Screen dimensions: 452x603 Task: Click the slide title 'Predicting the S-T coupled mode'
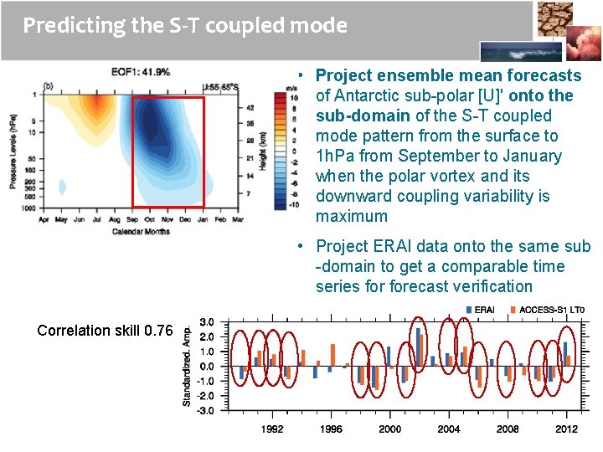184,25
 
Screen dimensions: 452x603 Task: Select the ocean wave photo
514,51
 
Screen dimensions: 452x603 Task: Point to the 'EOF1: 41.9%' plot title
141,72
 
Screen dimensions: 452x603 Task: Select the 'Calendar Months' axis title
140,231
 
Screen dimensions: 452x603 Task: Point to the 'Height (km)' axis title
262,151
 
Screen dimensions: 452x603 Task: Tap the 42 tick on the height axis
250,108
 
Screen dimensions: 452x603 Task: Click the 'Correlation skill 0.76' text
105,331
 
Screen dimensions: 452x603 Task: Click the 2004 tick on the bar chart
448,429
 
